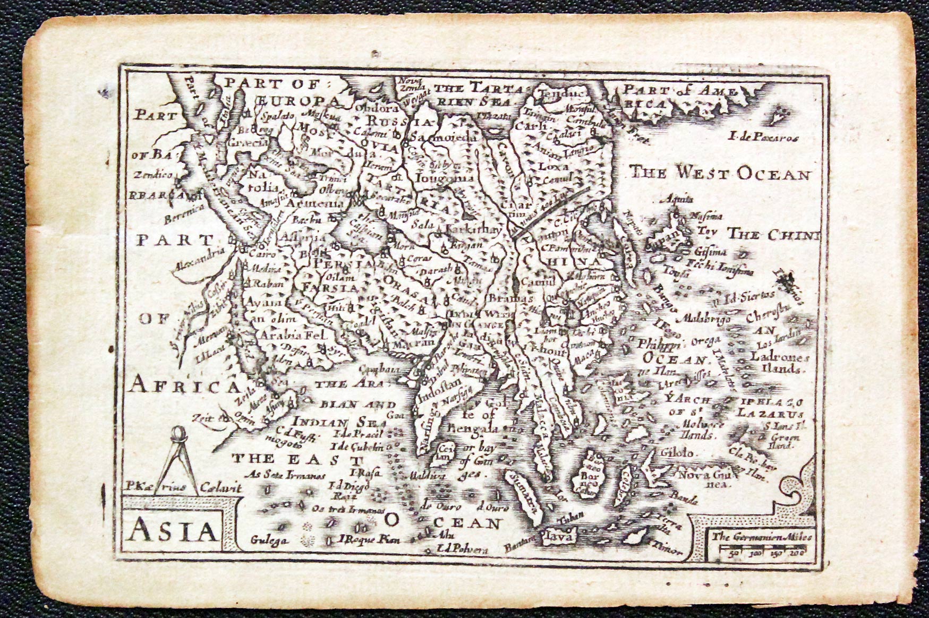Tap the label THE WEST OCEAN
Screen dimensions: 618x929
721,174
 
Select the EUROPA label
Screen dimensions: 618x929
298,101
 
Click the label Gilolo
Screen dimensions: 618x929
677,453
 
